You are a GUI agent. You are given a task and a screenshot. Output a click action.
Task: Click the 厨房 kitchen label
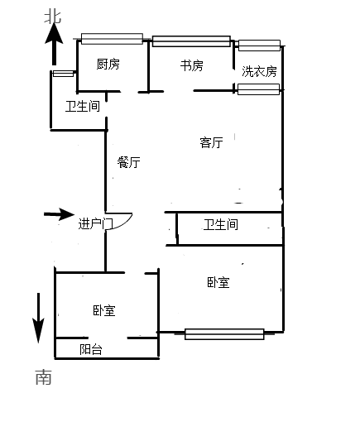[x=108, y=65]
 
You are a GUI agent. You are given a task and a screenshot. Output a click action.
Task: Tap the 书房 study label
[x=191, y=65]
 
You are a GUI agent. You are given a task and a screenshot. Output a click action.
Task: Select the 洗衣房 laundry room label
[x=259, y=71]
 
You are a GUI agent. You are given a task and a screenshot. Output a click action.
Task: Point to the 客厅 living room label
[x=211, y=142]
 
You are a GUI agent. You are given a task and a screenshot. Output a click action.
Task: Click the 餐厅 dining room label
[x=129, y=162]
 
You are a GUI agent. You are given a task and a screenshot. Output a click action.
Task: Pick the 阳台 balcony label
[x=90, y=349]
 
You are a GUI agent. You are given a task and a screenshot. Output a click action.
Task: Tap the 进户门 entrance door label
[x=96, y=224]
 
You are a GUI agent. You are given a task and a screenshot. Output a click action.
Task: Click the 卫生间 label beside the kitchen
[x=83, y=106]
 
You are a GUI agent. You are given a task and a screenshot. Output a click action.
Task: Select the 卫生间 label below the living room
[x=221, y=225]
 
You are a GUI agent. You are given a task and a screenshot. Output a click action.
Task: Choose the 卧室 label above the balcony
[x=104, y=310]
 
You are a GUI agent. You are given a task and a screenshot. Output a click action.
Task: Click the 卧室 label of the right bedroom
[x=218, y=282]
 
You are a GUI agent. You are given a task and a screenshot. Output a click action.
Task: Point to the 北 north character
[x=53, y=17]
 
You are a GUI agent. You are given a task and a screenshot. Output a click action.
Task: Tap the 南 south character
[x=44, y=377]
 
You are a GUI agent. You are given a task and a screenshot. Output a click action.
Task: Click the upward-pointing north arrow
[x=54, y=44]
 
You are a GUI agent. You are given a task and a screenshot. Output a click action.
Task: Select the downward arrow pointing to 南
[x=39, y=318]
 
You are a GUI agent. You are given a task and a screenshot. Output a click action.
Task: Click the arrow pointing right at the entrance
[x=59, y=214]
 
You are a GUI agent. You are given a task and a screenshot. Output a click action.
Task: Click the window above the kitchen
[x=112, y=39]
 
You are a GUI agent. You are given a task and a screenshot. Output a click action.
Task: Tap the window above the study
[x=191, y=41]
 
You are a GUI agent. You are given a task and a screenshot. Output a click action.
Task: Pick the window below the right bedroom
[x=224, y=334]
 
